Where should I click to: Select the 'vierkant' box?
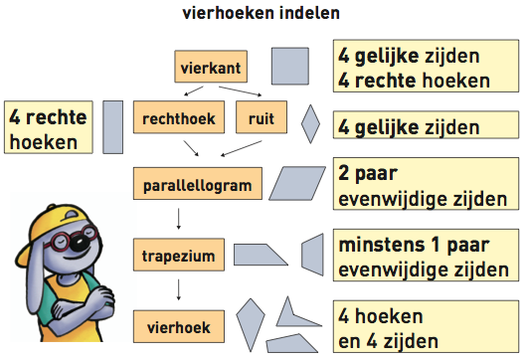[x=207, y=68]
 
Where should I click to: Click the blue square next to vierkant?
[x=288, y=67]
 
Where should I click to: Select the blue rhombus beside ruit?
[x=310, y=125]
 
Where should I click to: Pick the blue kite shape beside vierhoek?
[x=252, y=321]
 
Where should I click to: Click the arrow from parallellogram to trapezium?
[x=178, y=219]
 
